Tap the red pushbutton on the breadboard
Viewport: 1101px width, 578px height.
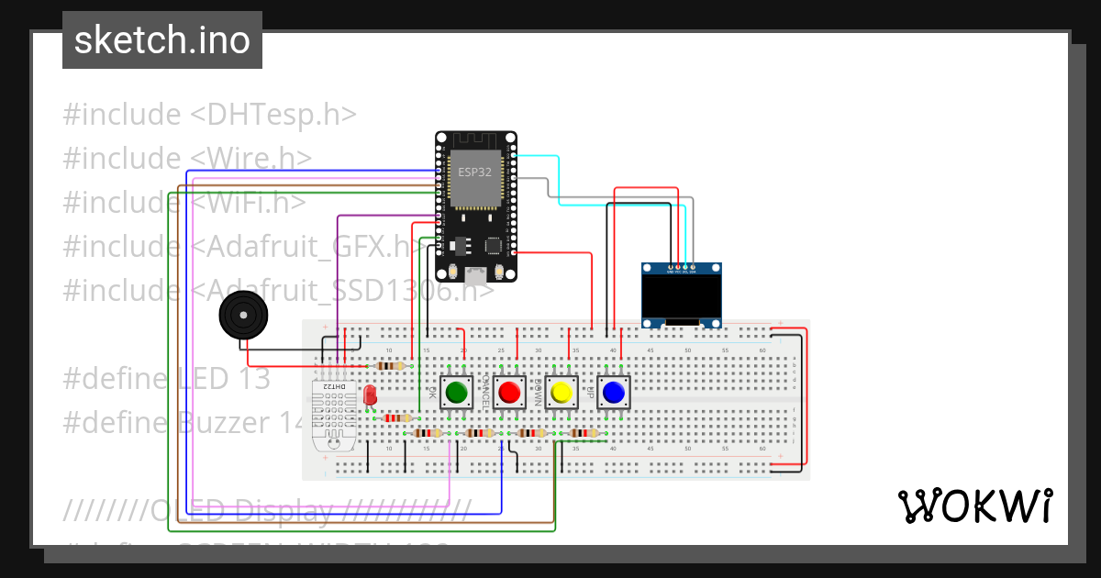click(x=508, y=393)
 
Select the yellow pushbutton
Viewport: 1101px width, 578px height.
click(x=561, y=393)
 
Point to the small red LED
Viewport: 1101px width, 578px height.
click(x=370, y=395)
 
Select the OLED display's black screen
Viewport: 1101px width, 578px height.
click(x=681, y=296)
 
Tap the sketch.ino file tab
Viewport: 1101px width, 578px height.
click(x=162, y=41)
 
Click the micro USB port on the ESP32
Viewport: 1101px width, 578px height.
click(x=475, y=272)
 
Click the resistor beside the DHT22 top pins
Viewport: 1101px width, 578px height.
click(x=392, y=366)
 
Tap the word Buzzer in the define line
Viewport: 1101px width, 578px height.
click(x=221, y=423)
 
